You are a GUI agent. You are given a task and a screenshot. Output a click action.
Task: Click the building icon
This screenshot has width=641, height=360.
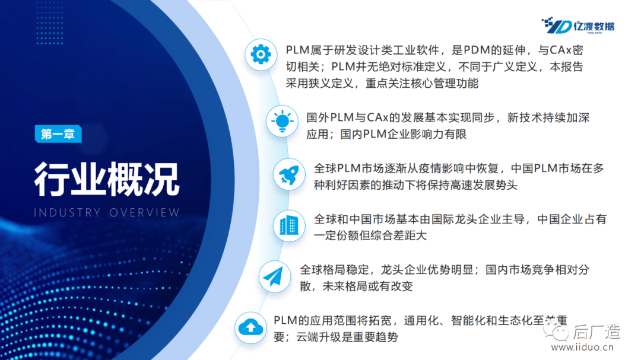coord(289,225)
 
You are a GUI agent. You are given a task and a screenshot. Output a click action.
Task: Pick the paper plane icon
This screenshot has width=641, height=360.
coord(274,277)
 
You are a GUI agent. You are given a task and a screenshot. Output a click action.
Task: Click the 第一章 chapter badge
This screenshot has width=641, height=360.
coord(58,134)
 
